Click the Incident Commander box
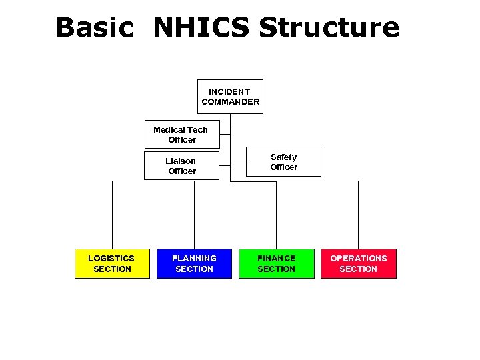point(230,97)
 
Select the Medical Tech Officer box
point(181,135)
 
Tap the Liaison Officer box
point(181,166)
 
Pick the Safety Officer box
point(283,162)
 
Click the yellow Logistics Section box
point(112,263)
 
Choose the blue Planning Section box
point(194,263)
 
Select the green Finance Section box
point(276,263)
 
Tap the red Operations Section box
point(359,263)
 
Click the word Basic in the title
point(94,28)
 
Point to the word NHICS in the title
point(201,28)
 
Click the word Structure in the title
point(329,28)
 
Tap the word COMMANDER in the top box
point(230,102)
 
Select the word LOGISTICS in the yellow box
point(111,258)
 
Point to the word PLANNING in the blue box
point(194,258)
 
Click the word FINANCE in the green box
point(276,258)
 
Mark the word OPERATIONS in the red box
point(359,258)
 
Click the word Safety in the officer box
point(283,157)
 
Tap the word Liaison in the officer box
point(181,161)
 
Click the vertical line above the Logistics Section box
point(112,213)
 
